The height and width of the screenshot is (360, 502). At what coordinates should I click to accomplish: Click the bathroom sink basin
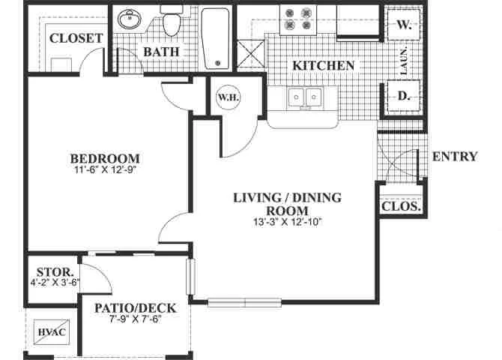pyautogui.click(x=130, y=19)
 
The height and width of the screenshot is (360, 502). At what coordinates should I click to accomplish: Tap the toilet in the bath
pyautogui.click(x=172, y=20)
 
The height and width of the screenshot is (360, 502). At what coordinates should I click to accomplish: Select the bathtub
pyautogui.click(x=216, y=38)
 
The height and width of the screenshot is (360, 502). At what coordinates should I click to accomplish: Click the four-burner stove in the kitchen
pyautogui.click(x=298, y=19)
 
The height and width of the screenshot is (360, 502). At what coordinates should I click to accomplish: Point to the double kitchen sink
pyautogui.click(x=305, y=97)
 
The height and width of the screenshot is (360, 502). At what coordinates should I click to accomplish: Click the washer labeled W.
pyautogui.click(x=403, y=24)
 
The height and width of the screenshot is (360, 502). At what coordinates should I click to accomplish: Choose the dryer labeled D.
pyautogui.click(x=403, y=95)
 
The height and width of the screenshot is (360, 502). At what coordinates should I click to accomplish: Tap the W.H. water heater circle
pyautogui.click(x=228, y=97)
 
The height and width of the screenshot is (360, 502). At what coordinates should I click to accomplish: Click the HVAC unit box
pyautogui.click(x=52, y=332)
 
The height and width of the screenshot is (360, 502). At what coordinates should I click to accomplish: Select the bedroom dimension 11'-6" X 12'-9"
pyautogui.click(x=106, y=170)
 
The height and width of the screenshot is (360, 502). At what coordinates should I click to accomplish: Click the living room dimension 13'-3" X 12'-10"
pyautogui.click(x=287, y=222)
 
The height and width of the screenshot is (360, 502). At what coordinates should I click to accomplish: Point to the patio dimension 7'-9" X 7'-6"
pyautogui.click(x=135, y=319)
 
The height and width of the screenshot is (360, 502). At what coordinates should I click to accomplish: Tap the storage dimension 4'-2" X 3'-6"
pyautogui.click(x=55, y=283)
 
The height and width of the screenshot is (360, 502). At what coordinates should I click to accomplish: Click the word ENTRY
pyautogui.click(x=455, y=157)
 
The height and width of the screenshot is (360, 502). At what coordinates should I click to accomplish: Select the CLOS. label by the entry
pyautogui.click(x=401, y=206)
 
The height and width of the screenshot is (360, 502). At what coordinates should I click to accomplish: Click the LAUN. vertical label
pyautogui.click(x=404, y=61)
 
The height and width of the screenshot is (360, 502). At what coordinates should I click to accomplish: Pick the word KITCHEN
pyautogui.click(x=324, y=65)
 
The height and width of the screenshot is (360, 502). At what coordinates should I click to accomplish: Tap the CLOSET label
pyautogui.click(x=76, y=38)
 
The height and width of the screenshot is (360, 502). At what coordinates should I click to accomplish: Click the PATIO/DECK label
pyautogui.click(x=136, y=308)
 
